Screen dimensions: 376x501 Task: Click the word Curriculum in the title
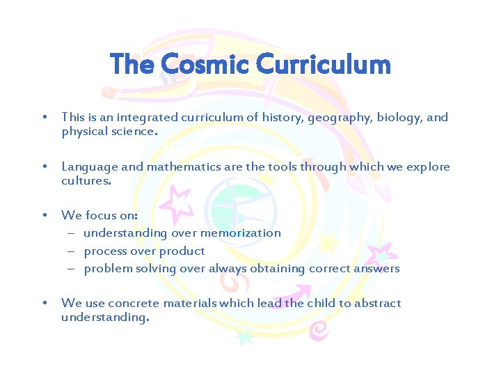pos(324,65)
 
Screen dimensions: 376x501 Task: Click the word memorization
pos(240,233)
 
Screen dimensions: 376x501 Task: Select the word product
pos(183,251)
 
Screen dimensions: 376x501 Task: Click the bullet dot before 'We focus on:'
pos(45,215)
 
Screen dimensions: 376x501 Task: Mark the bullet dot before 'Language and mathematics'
pos(45,166)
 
